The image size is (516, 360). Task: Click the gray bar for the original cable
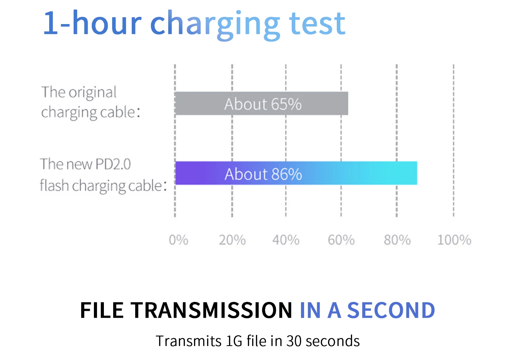point(261,103)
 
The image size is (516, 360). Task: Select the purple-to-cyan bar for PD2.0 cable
point(296,173)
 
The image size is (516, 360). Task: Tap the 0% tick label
point(179,240)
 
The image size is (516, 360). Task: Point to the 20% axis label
point(232,240)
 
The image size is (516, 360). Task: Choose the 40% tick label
point(286,240)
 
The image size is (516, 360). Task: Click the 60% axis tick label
point(341,240)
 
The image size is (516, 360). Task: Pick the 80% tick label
point(397,240)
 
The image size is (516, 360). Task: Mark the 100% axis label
point(454,240)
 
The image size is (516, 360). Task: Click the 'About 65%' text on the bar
point(263,104)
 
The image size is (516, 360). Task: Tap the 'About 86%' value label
point(263,174)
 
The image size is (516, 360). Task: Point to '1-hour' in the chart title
point(92,23)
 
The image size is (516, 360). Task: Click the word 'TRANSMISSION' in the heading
point(211,310)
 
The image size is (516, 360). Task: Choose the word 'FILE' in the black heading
point(101,310)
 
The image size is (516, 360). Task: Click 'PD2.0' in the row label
point(113,164)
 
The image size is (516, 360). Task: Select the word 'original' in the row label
point(93,92)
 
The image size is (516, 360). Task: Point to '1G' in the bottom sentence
point(234,341)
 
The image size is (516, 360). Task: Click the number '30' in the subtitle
point(294,341)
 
